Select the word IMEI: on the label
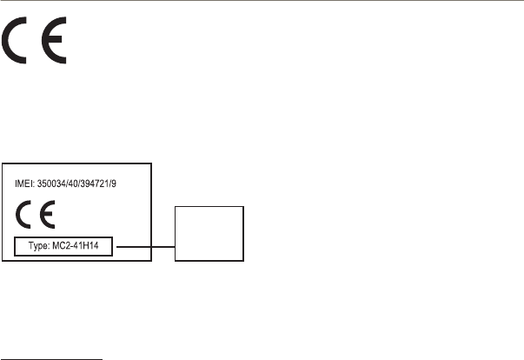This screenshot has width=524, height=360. (x=28, y=185)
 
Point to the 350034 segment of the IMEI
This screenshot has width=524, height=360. (x=60, y=185)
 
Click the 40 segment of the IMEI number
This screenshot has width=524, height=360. (x=85, y=185)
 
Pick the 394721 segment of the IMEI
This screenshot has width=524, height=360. (x=110, y=185)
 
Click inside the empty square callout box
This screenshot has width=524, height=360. (x=210, y=233)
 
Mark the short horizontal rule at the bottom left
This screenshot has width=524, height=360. (x=52, y=355)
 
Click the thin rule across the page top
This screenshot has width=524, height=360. (x=261, y=1)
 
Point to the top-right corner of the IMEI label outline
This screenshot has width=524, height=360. (x=152, y=163)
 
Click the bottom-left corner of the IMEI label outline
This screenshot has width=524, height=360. (x=2, y=262)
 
